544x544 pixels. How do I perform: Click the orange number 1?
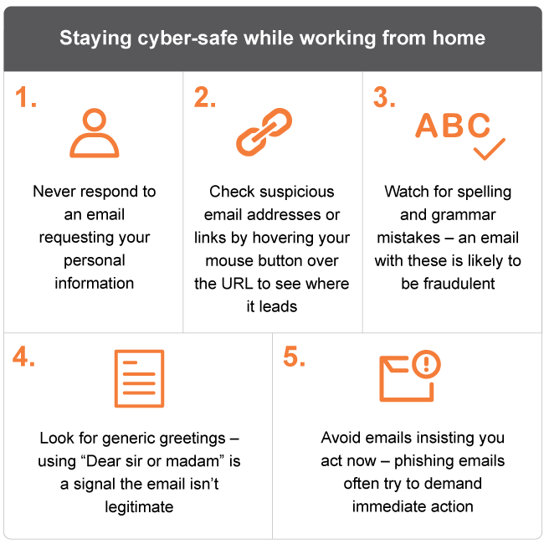[x=23, y=97]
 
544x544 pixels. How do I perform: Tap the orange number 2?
[x=202, y=97]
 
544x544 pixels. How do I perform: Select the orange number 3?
[x=382, y=97]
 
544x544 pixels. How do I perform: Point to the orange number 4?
[x=20, y=357]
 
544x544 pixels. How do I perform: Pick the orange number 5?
[x=290, y=357]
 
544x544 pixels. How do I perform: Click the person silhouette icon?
[x=95, y=133]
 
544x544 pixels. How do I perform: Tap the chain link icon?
[x=264, y=132]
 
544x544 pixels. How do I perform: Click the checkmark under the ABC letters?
[x=490, y=149]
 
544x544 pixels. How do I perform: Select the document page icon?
[x=139, y=378]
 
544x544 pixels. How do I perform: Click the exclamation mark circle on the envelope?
[x=426, y=364]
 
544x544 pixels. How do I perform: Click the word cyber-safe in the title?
[x=187, y=38]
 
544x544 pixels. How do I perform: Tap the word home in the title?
[x=459, y=38]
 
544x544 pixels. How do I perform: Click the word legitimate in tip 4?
[x=139, y=507]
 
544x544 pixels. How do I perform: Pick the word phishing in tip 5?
[x=424, y=461]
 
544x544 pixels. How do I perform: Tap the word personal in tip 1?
[x=95, y=261]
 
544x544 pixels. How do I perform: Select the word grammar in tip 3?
[x=464, y=215]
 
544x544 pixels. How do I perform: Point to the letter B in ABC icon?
[x=453, y=126]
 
